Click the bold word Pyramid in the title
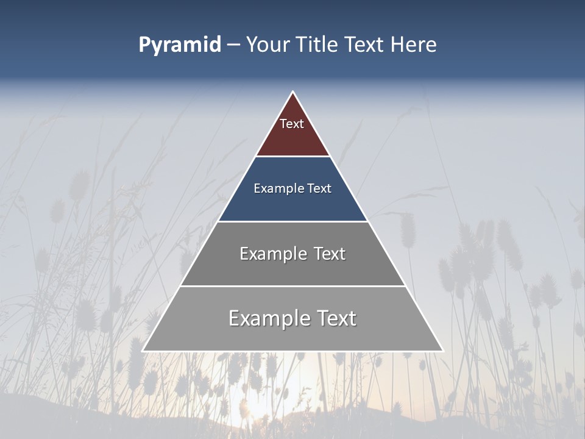click(180, 45)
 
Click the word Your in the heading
click(267, 45)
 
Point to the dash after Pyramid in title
click(233, 45)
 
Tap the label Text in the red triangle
click(292, 124)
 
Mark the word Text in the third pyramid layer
click(329, 254)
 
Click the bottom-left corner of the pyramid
click(143, 351)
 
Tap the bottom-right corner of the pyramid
click(442, 351)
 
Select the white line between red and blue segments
click(292, 157)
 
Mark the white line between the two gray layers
click(292, 286)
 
